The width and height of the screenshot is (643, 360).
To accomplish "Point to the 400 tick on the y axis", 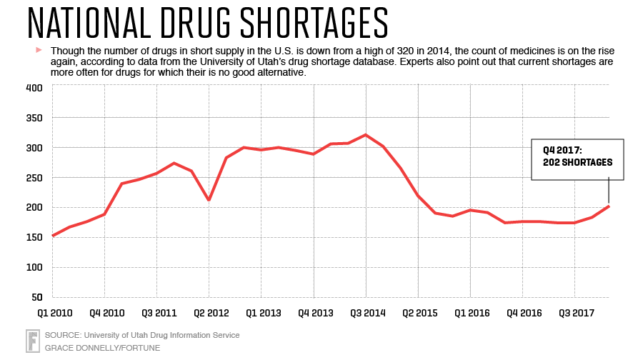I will (35, 88).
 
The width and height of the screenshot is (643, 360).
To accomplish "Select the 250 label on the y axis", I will (35, 178).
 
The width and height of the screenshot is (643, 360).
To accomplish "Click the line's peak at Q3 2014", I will (366, 134).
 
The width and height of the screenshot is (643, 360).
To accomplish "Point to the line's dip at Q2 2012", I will (209, 200).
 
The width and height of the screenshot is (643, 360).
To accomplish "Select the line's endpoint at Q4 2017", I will (609, 206).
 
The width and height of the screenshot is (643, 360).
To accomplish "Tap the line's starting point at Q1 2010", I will (53, 235).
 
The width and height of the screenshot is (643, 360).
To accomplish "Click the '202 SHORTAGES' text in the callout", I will (578, 162).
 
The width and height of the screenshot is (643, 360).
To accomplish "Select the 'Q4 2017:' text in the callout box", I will (562, 150).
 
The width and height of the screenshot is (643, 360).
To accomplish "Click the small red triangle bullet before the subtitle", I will (39, 51).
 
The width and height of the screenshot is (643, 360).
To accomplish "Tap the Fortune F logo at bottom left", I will (32, 341).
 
